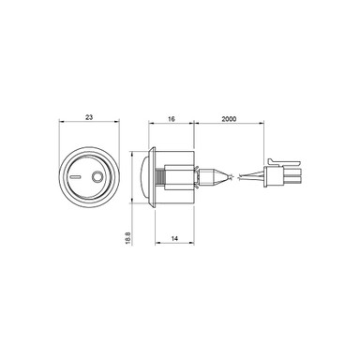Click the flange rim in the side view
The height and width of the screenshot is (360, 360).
click(x=150, y=176)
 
